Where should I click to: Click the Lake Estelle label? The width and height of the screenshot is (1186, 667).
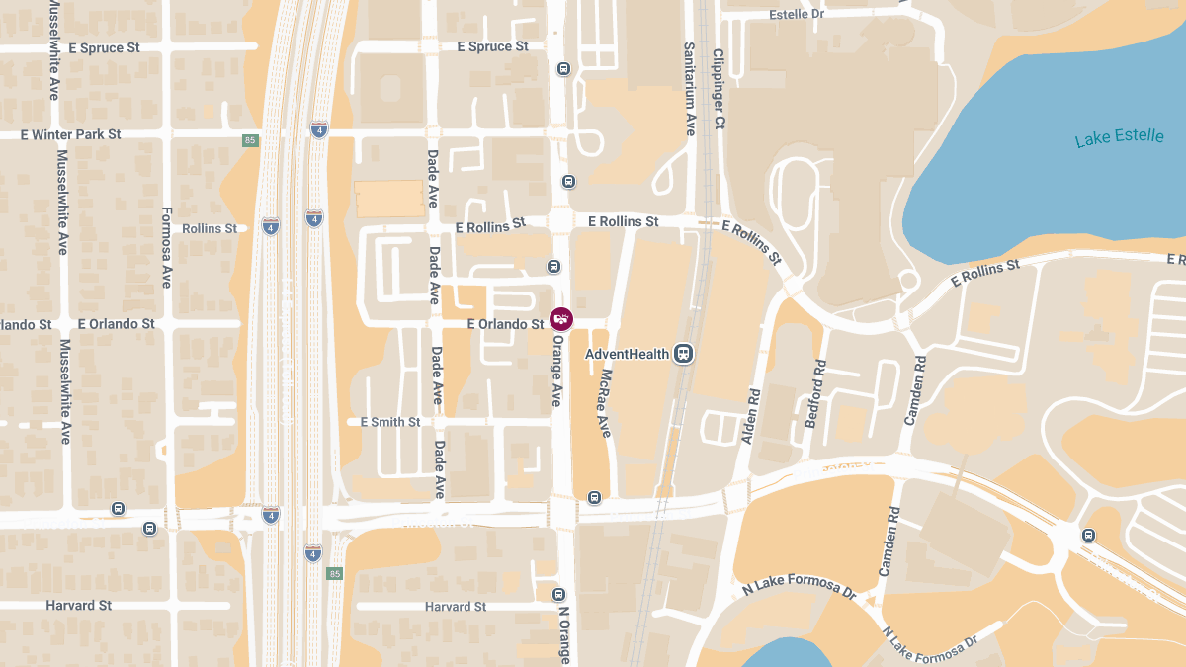(1119, 137)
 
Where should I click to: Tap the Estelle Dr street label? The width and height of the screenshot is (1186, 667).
(796, 14)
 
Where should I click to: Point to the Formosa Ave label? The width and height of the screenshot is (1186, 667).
(166, 247)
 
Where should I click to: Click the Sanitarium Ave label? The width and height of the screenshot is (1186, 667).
(691, 89)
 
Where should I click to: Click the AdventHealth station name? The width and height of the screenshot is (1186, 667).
(627, 354)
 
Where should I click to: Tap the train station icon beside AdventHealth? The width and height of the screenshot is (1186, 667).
(682, 354)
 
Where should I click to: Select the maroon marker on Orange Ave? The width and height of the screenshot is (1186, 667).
(561, 319)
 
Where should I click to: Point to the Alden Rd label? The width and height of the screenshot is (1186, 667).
(751, 415)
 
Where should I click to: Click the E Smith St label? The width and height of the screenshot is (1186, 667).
(390, 422)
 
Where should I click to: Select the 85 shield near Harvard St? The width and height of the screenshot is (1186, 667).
(335, 573)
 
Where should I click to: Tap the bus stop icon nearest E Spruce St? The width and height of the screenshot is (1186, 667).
(563, 69)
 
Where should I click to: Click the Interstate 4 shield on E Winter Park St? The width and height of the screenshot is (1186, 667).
(318, 129)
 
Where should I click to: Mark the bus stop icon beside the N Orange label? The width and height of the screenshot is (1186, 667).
(558, 595)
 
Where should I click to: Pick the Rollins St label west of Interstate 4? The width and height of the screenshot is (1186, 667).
(210, 228)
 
